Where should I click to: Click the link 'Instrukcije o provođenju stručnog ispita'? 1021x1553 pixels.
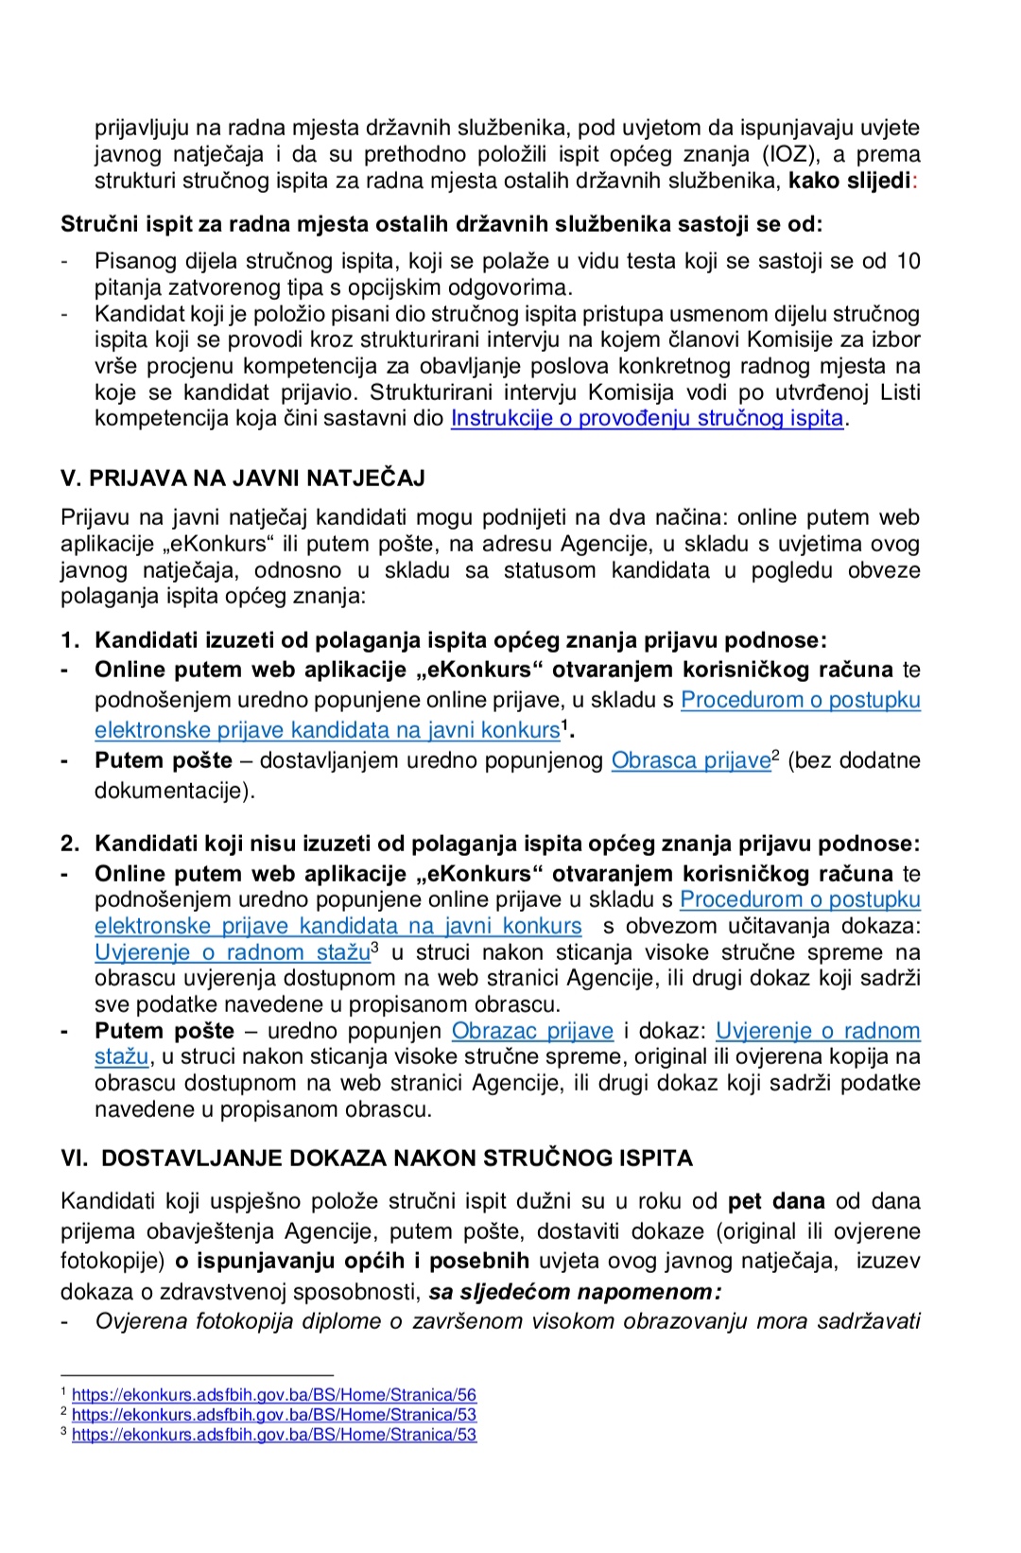(647, 418)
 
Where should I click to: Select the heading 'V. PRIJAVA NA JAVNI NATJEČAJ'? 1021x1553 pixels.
(243, 478)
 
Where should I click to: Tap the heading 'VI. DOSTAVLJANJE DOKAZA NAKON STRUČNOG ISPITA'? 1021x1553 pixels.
(376, 1158)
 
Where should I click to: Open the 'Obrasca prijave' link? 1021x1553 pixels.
(691, 760)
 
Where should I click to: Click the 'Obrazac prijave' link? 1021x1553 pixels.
(532, 1031)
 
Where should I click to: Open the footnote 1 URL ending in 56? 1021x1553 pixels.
(274, 1395)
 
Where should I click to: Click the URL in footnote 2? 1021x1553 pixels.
(274, 1415)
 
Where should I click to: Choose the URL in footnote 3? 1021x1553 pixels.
(274, 1435)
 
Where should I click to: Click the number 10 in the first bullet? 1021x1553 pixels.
(908, 261)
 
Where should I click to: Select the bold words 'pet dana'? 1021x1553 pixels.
(776, 1201)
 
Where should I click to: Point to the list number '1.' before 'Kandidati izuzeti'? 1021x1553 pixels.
(70, 640)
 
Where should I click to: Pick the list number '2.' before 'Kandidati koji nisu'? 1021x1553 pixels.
(70, 844)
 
